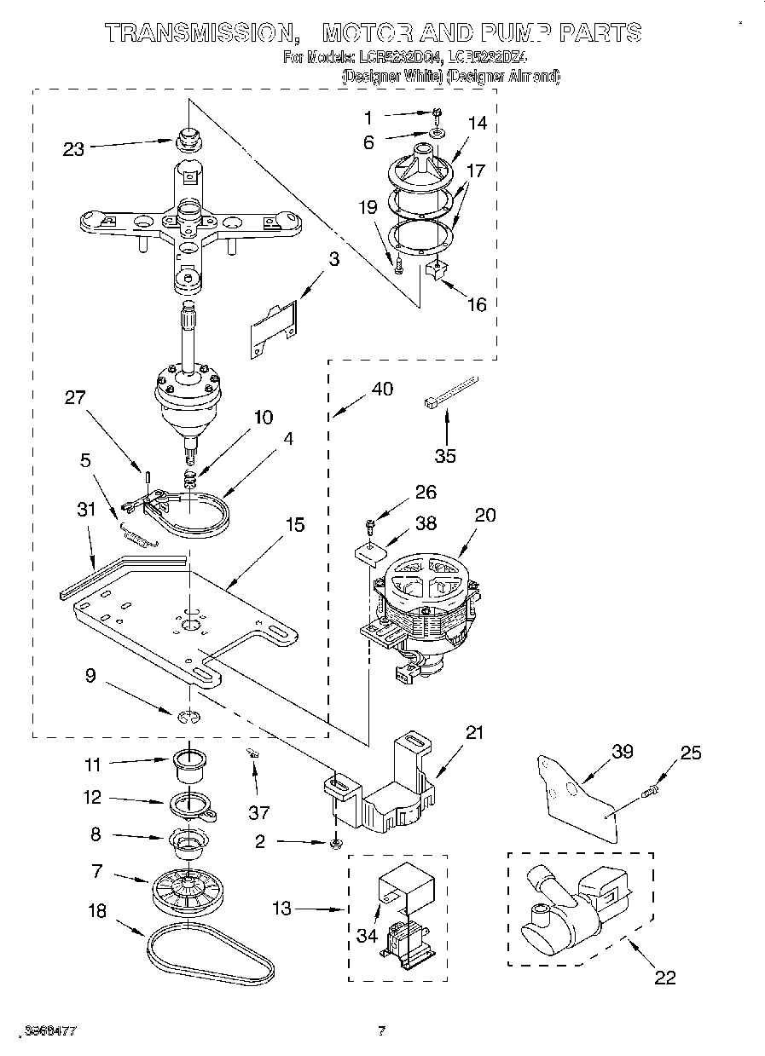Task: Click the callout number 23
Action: tap(74, 148)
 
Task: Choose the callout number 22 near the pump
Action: tap(664, 977)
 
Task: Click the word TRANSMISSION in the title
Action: tap(195, 33)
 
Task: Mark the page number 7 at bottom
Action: tap(382, 1031)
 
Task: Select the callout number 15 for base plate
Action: tap(294, 525)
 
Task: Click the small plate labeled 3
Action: tap(273, 328)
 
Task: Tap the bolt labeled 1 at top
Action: tap(436, 113)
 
